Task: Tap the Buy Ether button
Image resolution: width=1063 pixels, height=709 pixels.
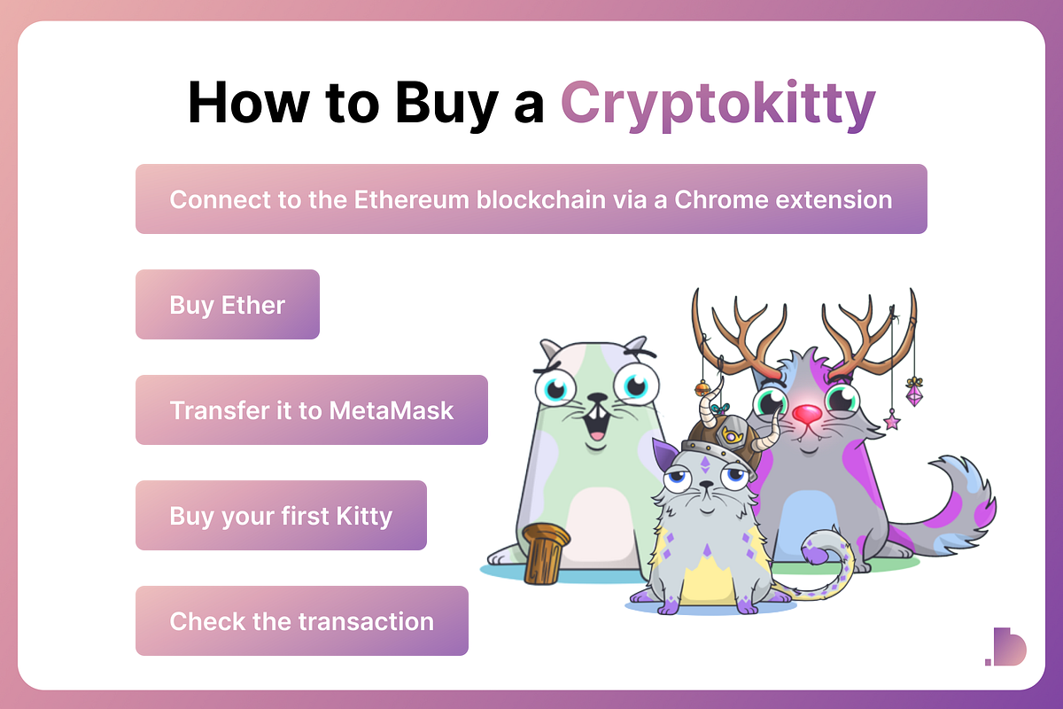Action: click(x=228, y=305)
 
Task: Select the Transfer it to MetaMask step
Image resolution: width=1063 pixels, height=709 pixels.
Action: click(x=311, y=410)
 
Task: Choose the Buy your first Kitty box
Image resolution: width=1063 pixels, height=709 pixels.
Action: click(x=281, y=516)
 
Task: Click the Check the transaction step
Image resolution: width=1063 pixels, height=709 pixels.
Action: click(x=301, y=621)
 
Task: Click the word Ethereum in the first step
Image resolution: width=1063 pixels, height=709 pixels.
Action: click(x=413, y=199)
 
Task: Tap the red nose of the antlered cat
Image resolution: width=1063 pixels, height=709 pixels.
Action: click(x=807, y=414)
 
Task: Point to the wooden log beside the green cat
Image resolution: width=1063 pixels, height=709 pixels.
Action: click(x=544, y=554)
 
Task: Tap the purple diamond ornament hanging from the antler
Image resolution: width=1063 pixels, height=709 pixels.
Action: click(x=913, y=391)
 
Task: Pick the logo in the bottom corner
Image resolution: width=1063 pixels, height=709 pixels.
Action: click(x=1005, y=646)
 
